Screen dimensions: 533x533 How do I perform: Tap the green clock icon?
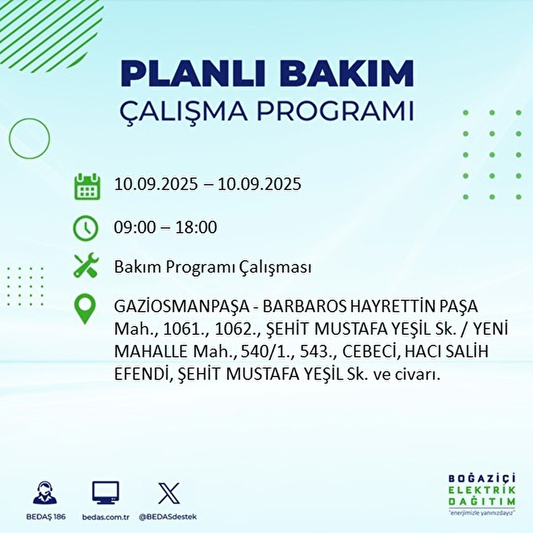click(x=85, y=228)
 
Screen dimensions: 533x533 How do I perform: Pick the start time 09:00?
click(x=135, y=227)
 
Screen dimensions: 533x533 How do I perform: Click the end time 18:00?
click(x=196, y=227)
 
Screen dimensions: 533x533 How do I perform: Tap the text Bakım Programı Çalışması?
click(x=212, y=267)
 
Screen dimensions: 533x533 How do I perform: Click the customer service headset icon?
click(x=45, y=493)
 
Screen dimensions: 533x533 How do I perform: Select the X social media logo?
click(x=169, y=493)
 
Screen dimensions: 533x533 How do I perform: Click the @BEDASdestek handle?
click(x=168, y=517)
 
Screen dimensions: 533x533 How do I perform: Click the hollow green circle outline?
click(x=29, y=139)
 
